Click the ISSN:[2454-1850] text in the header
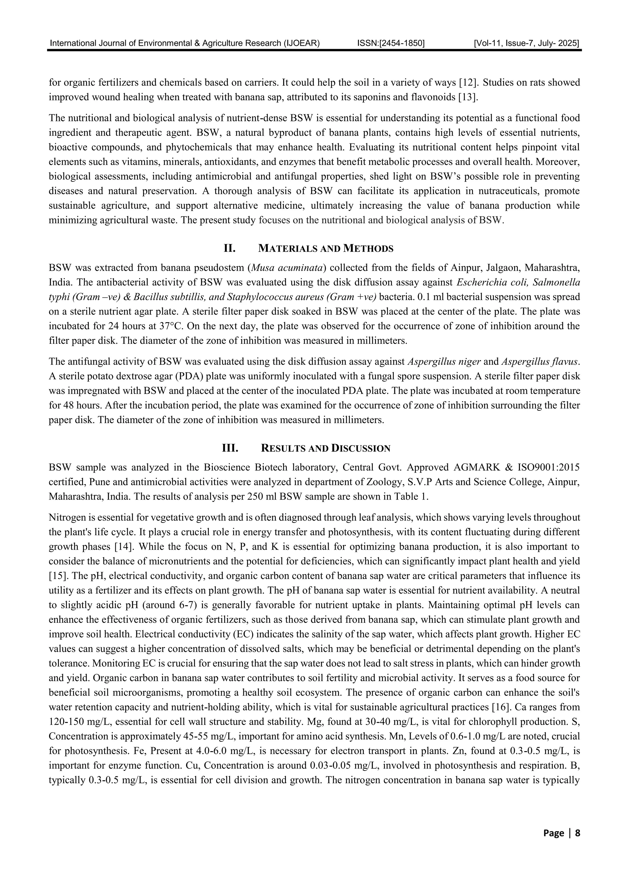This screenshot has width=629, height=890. [391, 43]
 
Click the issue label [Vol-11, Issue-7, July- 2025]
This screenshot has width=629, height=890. [526, 43]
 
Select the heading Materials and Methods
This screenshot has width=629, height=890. [326, 249]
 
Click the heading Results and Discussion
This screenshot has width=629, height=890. [326, 449]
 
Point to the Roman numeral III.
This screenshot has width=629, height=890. [229, 449]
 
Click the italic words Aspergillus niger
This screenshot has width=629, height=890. [444, 362]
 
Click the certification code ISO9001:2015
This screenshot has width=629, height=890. [549, 468]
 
